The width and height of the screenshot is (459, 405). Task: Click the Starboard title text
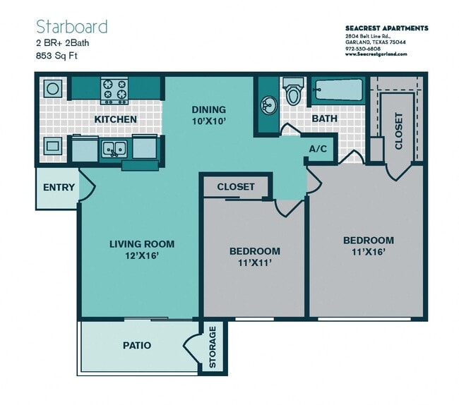pos(71,27)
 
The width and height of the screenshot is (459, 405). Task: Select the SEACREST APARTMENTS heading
pos(386,28)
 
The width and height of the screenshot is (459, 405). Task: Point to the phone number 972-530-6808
pos(362,48)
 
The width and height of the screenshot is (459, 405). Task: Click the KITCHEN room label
pos(115,119)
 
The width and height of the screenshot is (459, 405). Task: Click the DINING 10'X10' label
pos(209,115)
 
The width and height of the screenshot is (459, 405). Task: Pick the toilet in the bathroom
pos(293,91)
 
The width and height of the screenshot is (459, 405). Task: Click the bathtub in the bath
pos(338,90)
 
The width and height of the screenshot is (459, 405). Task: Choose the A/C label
pos(318,150)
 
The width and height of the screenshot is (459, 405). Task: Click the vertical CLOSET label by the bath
pos(398,131)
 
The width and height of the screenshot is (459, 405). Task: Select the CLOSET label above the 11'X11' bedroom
pos(235,187)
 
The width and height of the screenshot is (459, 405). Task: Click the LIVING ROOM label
pos(141,244)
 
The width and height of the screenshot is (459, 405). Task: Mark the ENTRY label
pos(59,188)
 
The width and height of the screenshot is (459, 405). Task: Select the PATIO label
pos(136,346)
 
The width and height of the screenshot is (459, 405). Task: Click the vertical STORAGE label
pos(212,347)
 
